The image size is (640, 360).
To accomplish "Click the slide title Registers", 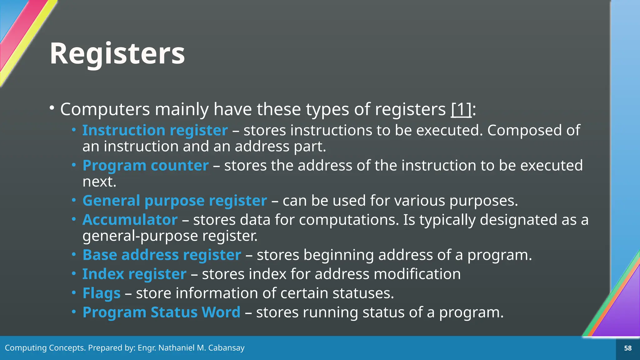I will click(x=117, y=54).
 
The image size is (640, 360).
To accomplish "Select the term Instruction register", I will click(x=155, y=130).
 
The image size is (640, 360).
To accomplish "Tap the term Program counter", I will click(x=145, y=165).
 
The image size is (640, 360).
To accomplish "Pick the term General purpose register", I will click(x=175, y=201).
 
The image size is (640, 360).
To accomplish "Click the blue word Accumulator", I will click(x=130, y=220).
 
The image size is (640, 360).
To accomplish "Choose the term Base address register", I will click(x=162, y=255).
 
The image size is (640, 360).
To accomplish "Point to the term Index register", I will click(x=134, y=274).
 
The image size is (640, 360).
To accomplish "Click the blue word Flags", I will click(x=101, y=293).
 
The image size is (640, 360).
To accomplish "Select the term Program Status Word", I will click(x=161, y=312).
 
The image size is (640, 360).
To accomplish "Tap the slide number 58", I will click(x=628, y=348).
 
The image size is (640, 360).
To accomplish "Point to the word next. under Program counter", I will click(x=99, y=182).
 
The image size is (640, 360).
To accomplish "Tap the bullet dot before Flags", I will click(x=74, y=293).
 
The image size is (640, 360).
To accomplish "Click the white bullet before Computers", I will click(x=52, y=108).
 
